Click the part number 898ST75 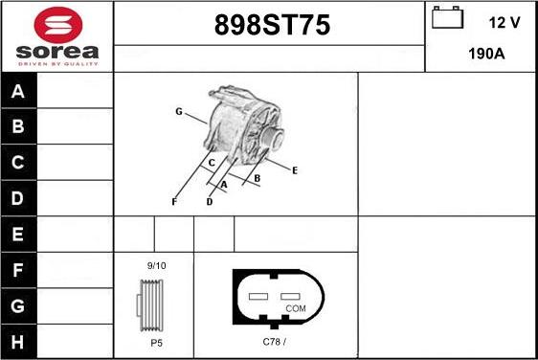[272, 25]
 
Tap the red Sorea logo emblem [58, 25]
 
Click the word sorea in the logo [57, 52]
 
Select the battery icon [447, 17]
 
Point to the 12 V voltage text [504, 23]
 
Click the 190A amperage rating [486, 54]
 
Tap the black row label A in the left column [18, 91]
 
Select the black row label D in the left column [18, 198]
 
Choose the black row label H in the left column [18, 342]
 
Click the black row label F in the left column [18, 270]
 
